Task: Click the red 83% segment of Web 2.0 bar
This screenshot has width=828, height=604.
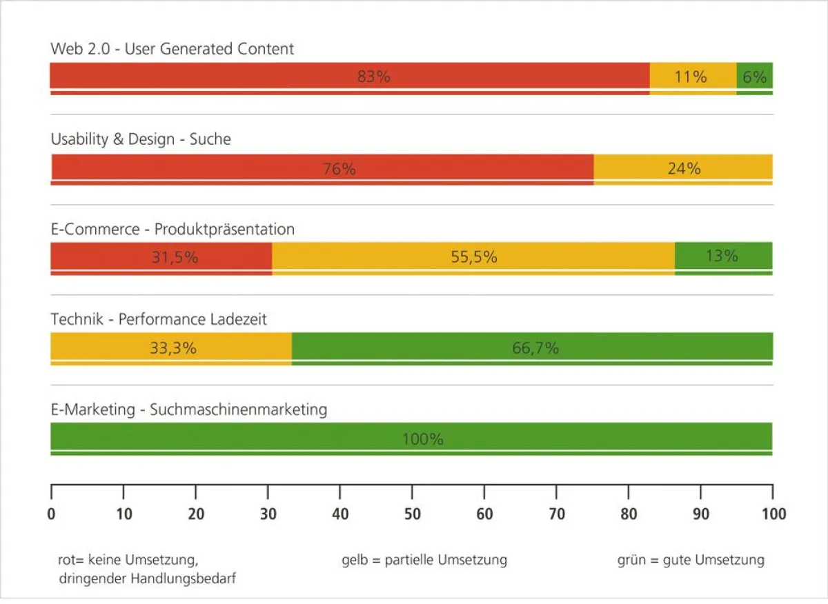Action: tap(350, 77)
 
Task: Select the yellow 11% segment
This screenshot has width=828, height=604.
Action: tap(693, 77)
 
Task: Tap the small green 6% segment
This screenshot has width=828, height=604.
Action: tap(754, 77)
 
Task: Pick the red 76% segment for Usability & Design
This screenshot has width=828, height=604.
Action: tap(322, 168)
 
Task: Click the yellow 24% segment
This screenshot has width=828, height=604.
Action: tap(683, 168)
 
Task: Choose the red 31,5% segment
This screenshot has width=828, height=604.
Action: tap(161, 257)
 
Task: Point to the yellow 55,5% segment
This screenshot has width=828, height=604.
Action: tap(473, 257)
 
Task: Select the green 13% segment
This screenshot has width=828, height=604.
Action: tap(723, 256)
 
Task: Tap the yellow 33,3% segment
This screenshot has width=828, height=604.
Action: tap(171, 348)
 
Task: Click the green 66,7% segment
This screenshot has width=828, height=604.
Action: tap(532, 348)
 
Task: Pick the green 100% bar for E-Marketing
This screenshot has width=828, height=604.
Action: tap(411, 438)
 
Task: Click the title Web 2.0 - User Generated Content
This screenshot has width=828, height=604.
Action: tap(172, 49)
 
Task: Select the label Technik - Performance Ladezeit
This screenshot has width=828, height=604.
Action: tap(159, 319)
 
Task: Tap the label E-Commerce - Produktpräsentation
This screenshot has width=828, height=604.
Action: tap(172, 229)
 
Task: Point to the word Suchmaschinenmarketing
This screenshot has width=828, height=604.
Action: tap(238, 410)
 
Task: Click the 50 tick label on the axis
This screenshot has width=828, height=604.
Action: tap(412, 514)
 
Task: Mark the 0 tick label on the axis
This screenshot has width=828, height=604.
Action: tap(51, 514)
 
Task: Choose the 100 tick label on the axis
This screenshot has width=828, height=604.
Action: tap(772, 514)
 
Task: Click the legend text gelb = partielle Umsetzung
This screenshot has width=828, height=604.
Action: tap(424, 560)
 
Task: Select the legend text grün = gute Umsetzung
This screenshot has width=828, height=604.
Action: tap(691, 560)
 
